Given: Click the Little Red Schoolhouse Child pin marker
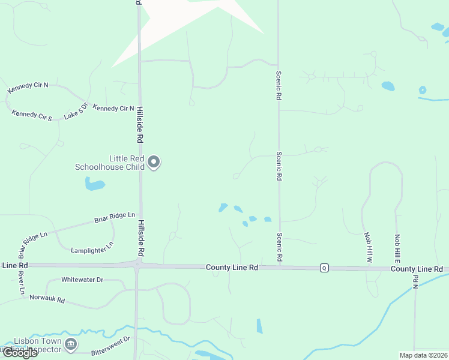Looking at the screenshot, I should coord(154,162).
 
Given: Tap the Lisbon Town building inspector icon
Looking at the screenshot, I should coord(71,344).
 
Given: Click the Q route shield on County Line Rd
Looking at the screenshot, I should coord(324,267).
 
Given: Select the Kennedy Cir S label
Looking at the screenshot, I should coord(32,114).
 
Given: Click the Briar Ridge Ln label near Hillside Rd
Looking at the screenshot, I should coord(114,217).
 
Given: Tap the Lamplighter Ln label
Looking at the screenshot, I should coord(92,247).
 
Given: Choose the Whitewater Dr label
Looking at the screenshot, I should coord(82,280).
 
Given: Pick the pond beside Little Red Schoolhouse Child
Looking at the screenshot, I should coord(94,184).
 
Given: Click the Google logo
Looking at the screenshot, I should coord(19,353).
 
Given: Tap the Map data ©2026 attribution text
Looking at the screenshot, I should coord(423,355).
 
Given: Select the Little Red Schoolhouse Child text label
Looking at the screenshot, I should coord(109,163).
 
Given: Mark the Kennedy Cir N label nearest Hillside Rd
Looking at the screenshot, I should coord(113,109).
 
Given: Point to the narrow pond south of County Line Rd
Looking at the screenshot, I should coord(259,326).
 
